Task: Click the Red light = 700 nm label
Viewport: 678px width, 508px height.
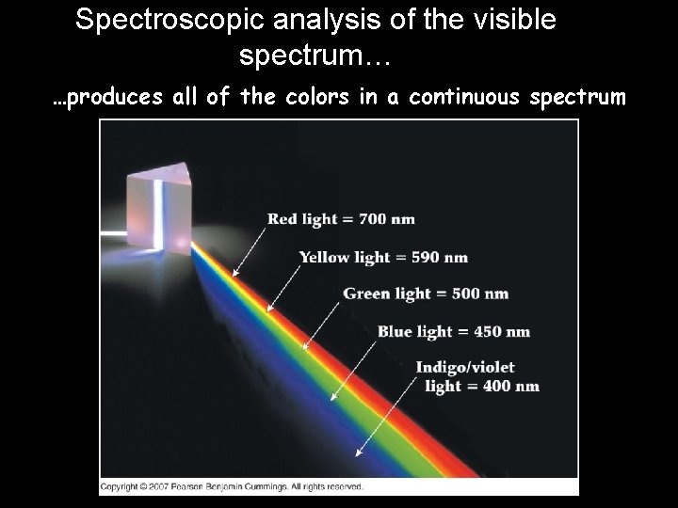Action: (341, 219)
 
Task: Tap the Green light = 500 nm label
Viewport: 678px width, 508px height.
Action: (426, 294)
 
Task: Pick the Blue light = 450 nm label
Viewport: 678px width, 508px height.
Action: (453, 331)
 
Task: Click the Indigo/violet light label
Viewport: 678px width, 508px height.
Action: (477, 376)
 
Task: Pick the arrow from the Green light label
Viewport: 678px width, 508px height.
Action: (320, 319)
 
